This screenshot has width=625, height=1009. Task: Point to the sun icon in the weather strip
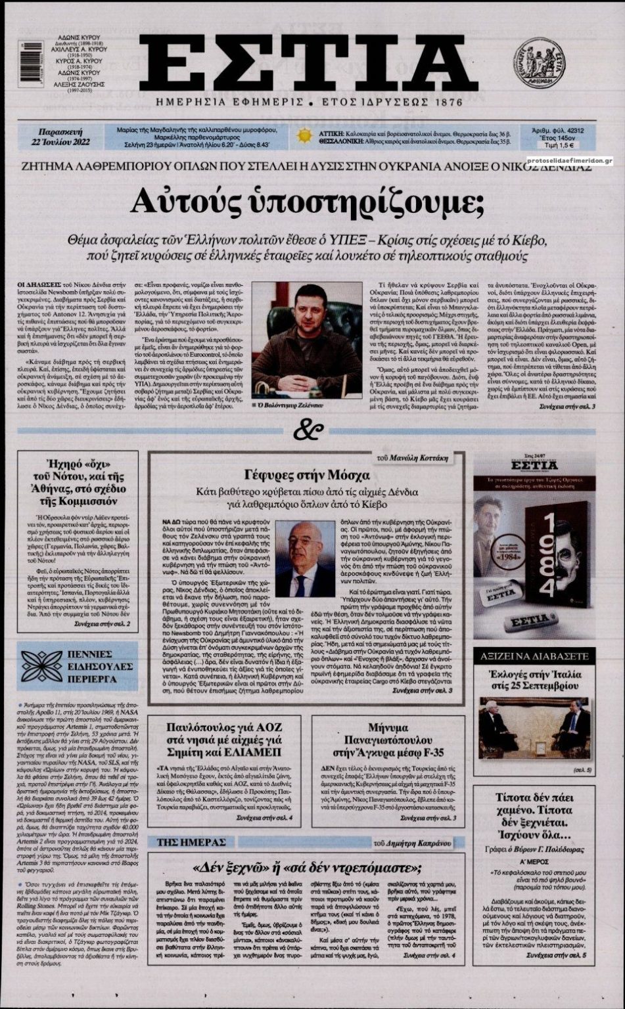(304, 136)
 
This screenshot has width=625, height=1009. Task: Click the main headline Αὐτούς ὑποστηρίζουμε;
(308, 203)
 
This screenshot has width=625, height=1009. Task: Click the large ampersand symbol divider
(308, 430)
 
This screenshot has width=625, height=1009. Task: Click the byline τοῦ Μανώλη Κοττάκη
(416, 457)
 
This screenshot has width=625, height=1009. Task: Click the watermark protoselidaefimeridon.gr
(569, 159)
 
